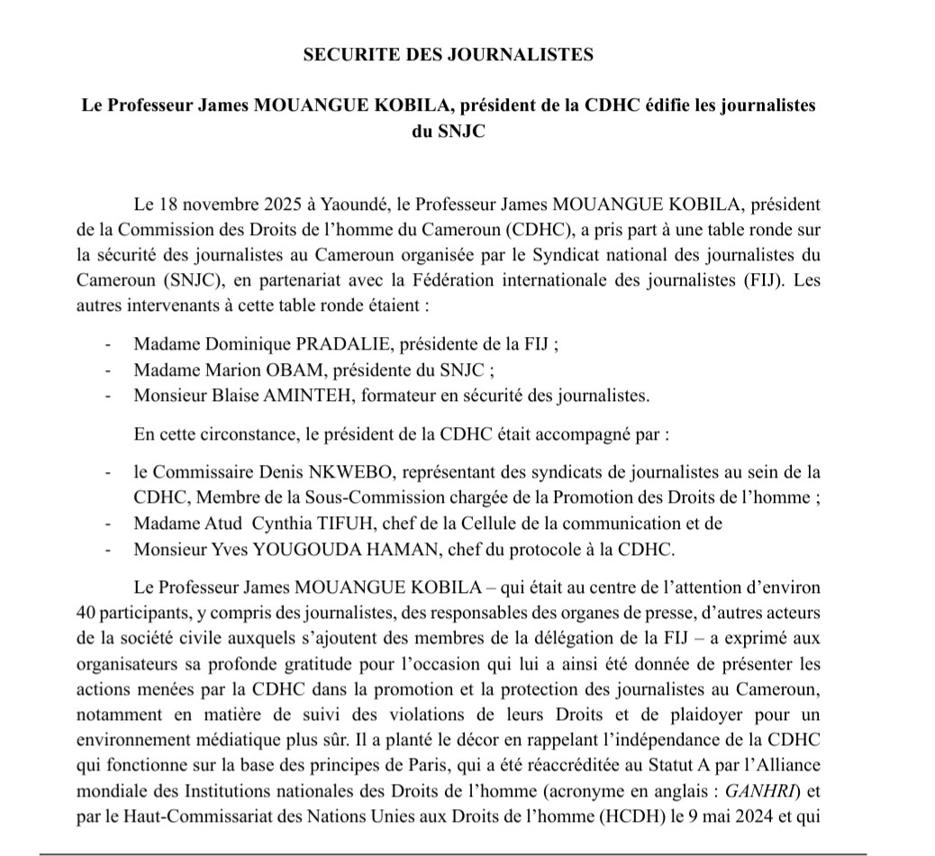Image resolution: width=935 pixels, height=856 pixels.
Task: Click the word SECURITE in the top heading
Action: click(x=346, y=55)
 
